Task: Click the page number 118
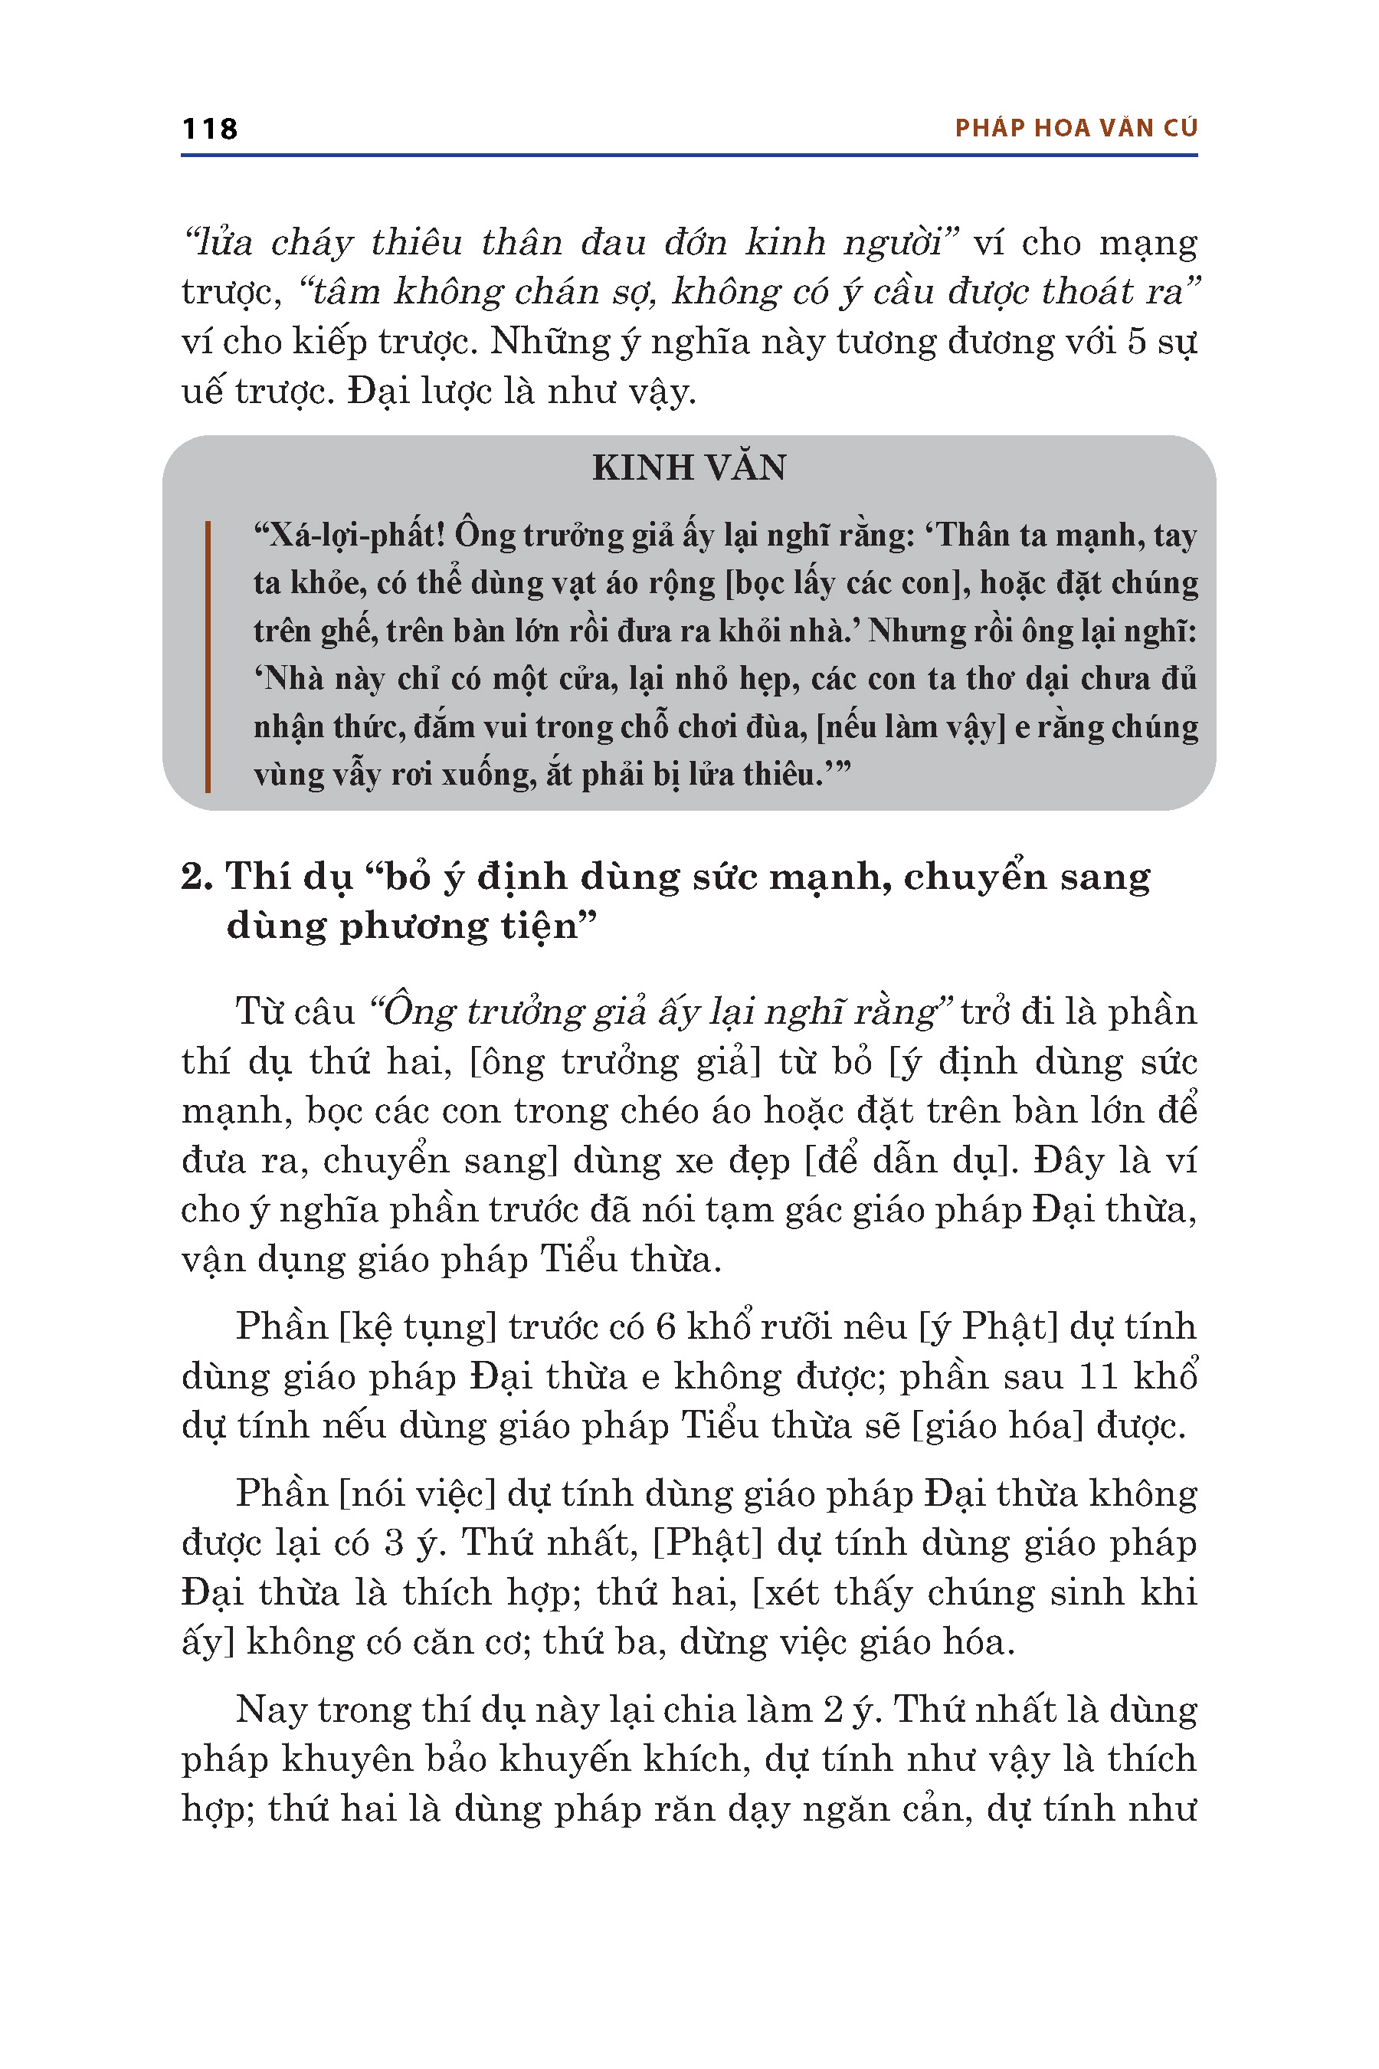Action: tap(209, 130)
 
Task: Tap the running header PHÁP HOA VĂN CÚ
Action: tap(1076, 129)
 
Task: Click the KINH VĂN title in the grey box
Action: tap(689, 467)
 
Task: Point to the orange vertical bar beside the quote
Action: tap(208, 656)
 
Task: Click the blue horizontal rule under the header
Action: tap(689, 156)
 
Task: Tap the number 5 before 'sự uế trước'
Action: tap(1137, 341)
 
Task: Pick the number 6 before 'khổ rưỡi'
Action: tap(666, 1326)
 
